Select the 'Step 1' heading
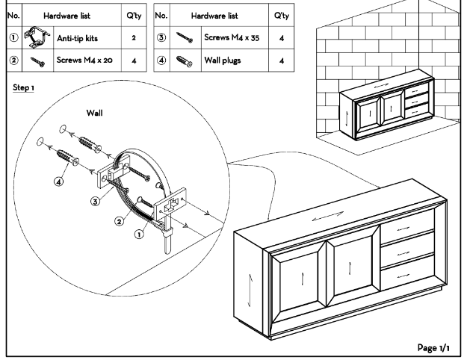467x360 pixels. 25,87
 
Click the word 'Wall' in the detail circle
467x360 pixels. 95,114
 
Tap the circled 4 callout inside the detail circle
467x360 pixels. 58,180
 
